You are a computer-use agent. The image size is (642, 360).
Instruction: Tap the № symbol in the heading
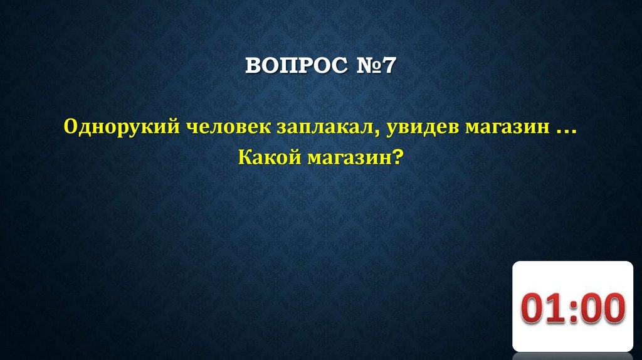(x=365, y=66)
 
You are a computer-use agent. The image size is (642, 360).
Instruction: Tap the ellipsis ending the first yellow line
(x=565, y=131)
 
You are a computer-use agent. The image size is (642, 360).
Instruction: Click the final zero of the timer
(x=613, y=309)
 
